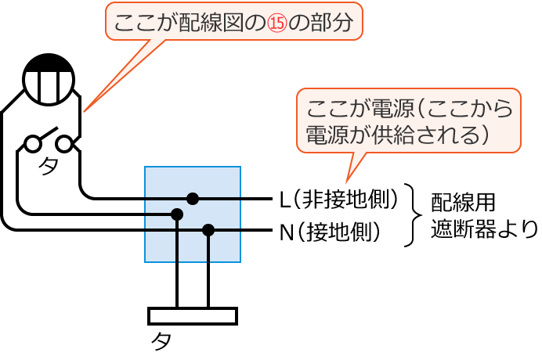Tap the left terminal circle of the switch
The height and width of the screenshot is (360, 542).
pyautogui.click(x=32, y=144)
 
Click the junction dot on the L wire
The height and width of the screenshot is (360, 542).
pyautogui.click(x=192, y=198)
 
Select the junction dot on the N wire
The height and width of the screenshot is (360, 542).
pyautogui.click(x=208, y=229)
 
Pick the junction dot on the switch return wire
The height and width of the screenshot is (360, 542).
pyautogui.click(x=177, y=214)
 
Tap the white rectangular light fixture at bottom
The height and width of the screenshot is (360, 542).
pyautogui.click(x=192, y=315)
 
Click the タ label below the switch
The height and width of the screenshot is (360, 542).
pyautogui.click(x=48, y=167)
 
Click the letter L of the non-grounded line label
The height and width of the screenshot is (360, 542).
pyautogui.click(x=285, y=199)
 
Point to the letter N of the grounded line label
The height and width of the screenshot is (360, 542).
pyautogui.click(x=286, y=232)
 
